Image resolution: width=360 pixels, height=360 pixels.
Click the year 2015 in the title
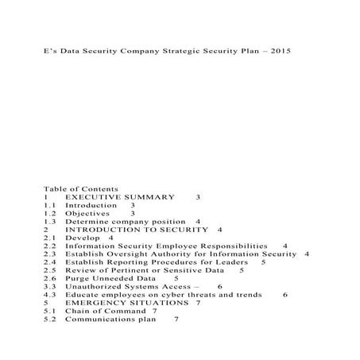pos(279,51)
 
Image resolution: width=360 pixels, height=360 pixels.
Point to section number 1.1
pos(49,205)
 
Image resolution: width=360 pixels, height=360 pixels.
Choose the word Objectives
pos(87,214)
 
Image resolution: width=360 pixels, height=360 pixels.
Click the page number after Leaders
pos(263,262)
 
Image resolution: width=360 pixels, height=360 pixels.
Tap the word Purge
pos(78,279)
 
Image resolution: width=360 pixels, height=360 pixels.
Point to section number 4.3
pos(49,295)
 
